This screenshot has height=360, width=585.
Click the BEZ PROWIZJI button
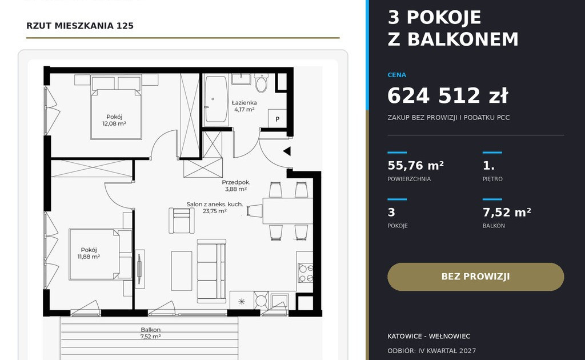(x=476, y=277)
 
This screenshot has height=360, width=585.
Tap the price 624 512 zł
(x=448, y=95)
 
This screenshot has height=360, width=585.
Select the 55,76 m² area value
(x=416, y=165)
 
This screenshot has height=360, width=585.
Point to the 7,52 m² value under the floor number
(x=507, y=212)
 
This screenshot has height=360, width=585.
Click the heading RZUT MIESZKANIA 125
(x=80, y=26)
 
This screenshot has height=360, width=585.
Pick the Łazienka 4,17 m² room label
(x=245, y=106)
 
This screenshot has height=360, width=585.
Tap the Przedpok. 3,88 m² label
(x=236, y=186)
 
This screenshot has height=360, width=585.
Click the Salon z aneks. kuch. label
(x=215, y=205)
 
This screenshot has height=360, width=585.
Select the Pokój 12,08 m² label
(x=114, y=120)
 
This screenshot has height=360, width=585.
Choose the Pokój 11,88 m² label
(x=89, y=253)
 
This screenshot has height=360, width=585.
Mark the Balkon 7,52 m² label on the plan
(x=151, y=333)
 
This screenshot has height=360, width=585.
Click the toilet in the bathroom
(x=261, y=82)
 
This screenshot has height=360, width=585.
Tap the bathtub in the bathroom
(x=217, y=99)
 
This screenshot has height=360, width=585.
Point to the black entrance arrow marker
(x=287, y=151)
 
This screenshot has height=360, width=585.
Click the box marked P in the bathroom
(x=277, y=119)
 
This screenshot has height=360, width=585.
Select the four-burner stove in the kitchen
(x=305, y=273)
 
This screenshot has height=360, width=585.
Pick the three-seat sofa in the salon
(x=211, y=271)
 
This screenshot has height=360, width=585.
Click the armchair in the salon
(x=181, y=221)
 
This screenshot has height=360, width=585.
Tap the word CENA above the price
(x=397, y=75)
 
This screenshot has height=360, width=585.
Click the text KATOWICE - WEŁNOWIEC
(x=429, y=336)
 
